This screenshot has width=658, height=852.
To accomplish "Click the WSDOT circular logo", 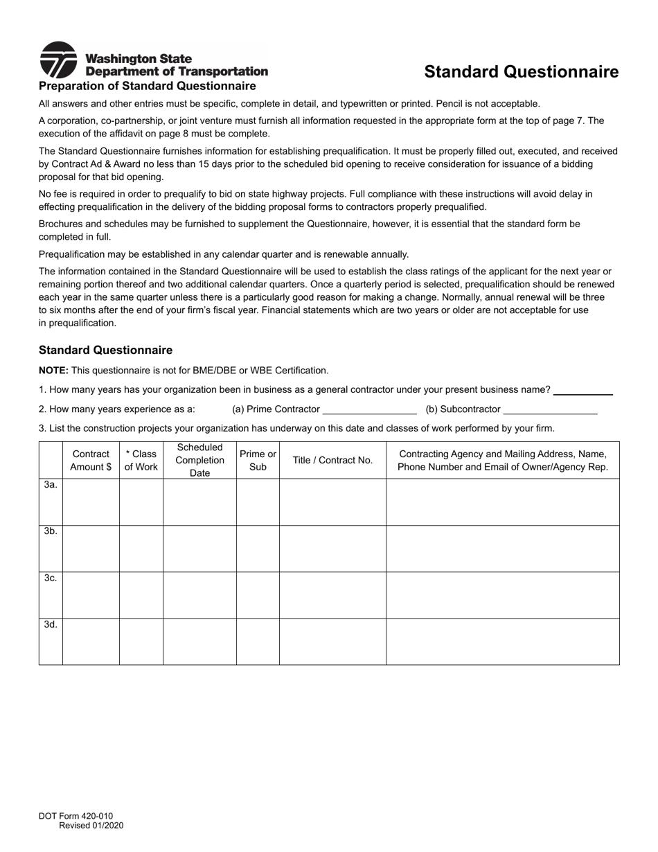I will (x=58, y=60).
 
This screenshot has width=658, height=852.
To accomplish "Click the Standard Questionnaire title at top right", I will (x=521, y=72).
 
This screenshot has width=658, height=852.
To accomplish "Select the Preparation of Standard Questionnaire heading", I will (x=147, y=86).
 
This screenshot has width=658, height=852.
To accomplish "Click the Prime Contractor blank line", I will (x=369, y=409).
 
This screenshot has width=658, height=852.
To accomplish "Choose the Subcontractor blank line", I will (x=550, y=409).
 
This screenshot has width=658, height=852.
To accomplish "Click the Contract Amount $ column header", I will (x=91, y=460).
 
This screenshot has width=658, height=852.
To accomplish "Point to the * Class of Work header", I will (x=141, y=460).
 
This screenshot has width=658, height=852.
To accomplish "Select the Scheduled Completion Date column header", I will (x=199, y=460).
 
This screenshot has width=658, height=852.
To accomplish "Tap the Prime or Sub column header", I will (x=258, y=460).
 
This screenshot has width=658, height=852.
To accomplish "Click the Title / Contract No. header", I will (x=332, y=460).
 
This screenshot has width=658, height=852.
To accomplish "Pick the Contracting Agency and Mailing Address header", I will (x=503, y=460).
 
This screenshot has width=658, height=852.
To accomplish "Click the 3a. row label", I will (x=51, y=485).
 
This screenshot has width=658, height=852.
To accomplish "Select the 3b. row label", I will (x=51, y=531).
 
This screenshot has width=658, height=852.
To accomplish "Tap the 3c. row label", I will (x=51, y=578).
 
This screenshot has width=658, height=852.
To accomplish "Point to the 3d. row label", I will (x=51, y=624).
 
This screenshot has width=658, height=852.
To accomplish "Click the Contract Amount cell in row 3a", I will (x=91, y=502).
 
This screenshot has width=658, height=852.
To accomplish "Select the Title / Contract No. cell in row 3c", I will (x=332, y=595).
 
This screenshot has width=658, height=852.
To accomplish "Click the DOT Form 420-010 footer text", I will (x=75, y=817).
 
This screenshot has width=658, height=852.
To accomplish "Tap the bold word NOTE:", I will (x=53, y=371).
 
